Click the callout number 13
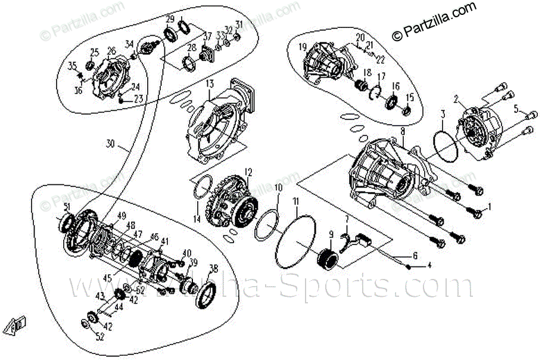coord(210,85)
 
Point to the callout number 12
coord(250,172)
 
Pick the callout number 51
coord(67,207)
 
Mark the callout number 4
coord(428,266)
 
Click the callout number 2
coord(456,99)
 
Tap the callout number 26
coord(111,51)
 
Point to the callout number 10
coord(278,188)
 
